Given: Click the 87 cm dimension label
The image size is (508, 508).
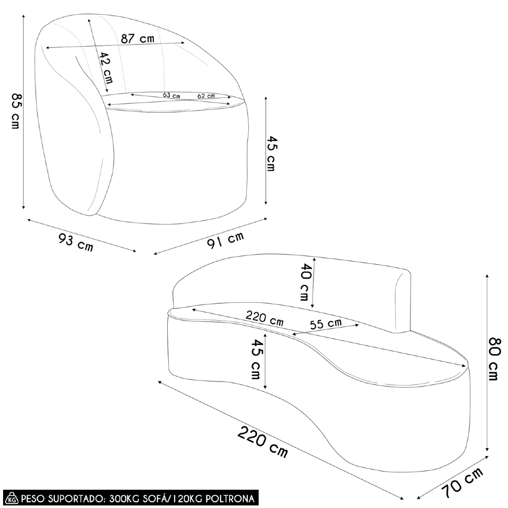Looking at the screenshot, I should (x=137, y=39).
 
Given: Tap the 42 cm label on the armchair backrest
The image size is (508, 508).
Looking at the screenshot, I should (x=106, y=69).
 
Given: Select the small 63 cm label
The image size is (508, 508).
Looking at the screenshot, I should (x=172, y=95).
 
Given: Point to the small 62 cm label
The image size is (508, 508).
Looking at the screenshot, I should (x=206, y=95).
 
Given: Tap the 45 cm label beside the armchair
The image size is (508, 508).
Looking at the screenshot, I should (x=272, y=153).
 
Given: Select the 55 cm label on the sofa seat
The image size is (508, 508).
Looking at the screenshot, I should (x=326, y=323).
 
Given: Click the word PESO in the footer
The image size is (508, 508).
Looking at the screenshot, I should (x=32, y=497).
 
